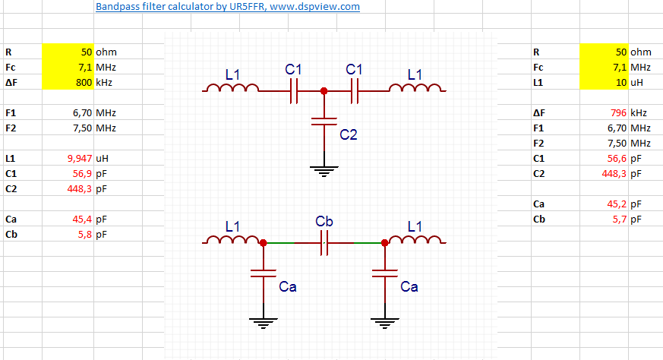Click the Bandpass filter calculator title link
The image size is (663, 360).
(228, 7)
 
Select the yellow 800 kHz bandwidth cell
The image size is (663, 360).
(69, 83)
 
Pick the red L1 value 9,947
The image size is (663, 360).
(78, 159)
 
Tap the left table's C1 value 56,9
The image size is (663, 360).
(81, 174)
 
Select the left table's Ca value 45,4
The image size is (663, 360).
(81, 219)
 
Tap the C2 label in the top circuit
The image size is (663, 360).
(349, 135)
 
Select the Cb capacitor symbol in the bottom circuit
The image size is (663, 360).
(324, 243)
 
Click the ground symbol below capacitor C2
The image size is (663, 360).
(324, 172)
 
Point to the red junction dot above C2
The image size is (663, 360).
(324, 90)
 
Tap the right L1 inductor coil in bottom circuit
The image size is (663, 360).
(414, 240)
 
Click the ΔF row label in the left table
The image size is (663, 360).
(11, 83)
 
